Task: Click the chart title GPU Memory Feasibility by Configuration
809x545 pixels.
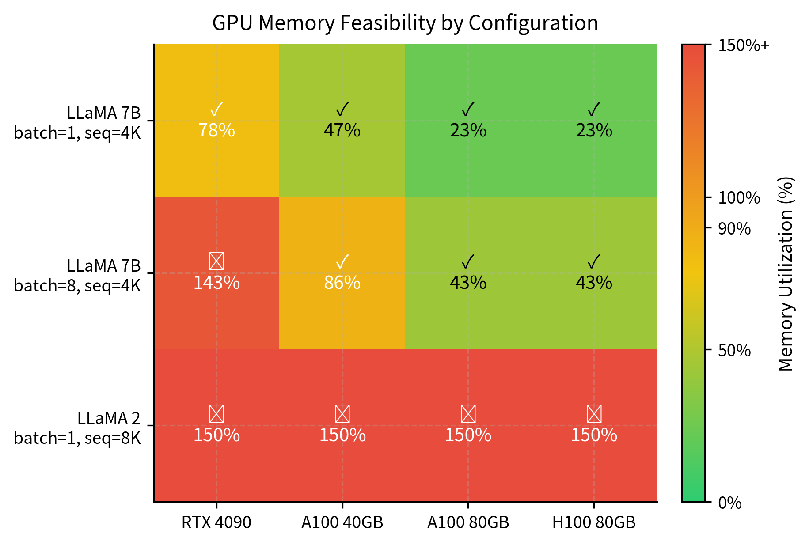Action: pos(405,23)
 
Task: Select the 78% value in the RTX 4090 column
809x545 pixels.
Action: pos(216,131)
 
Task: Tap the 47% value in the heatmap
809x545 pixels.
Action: pos(342,131)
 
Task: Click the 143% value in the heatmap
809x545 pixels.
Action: pos(216,283)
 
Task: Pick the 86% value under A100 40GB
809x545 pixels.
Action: pos(342,283)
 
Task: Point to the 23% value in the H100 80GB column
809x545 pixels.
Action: pos(594,131)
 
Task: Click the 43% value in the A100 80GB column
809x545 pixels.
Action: pos(468,283)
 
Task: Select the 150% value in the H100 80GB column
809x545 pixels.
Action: pos(594,435)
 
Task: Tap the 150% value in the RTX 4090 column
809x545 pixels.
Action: pos(216,435)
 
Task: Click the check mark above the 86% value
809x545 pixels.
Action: pos(342,261)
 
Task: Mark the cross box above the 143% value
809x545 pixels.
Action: pos(216,261)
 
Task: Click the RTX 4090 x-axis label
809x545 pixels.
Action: pos(216,523)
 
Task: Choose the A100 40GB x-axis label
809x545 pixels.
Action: pos(342,523)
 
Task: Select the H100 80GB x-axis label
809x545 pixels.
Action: pos(594,523)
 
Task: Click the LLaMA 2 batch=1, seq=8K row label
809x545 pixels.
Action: pos(77,428)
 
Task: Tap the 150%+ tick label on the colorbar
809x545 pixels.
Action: pos(743,45)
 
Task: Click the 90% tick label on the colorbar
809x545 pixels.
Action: pos(734,229)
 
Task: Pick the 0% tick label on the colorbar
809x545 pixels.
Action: pos(729,503)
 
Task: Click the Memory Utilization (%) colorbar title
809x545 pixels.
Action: pos(786,274)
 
